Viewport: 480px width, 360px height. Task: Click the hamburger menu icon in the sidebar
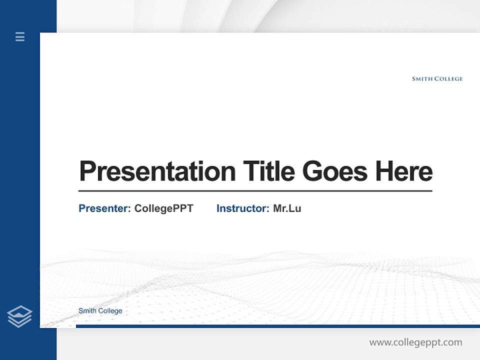pyautogui.click(x=20, y=36)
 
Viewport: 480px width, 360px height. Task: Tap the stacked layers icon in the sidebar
pyautogui.click(x=19, y=316)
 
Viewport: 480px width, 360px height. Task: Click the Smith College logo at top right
pyautogui.click(x=437, y=78)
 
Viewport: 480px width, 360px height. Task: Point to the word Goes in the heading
pyautogui.click(x=335, y=171)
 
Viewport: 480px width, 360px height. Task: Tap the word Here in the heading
pyautogui.click(x=404, y=171)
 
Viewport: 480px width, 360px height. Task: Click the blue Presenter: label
pyautogui.click(x=105, y=208)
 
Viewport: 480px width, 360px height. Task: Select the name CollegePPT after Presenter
pyautogui.click(x=163, y=208)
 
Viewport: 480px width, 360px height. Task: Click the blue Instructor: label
pyautogui.click(x=243, y=208)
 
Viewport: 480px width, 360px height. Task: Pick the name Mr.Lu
pyautogui.click(x=287, y=208)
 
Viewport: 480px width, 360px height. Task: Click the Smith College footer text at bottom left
pyautogui.click(x=100, y=311)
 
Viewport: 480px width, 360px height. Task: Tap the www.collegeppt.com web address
pyautogui.click(x=415, y=342)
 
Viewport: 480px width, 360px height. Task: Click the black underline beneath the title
pyautogui.click(x=255, y=190)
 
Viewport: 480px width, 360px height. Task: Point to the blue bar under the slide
pyautogui.click(x=277, y=326)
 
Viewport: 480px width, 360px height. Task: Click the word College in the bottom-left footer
pyautogui.click(x=110, y=311)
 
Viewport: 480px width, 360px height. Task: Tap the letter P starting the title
pyautogui.click(x=86, y=171)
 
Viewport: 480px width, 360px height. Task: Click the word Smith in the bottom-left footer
pyautogui.click(x=87, y=311)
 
